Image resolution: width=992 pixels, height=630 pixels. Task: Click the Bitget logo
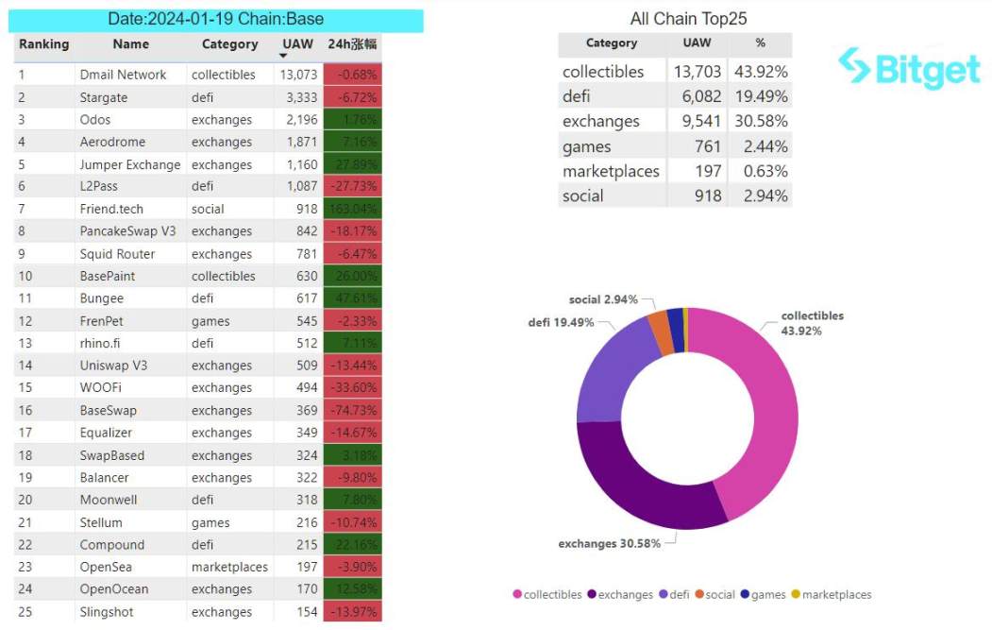pos(909,67)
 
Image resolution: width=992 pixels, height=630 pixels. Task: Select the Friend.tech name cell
pos(111,209)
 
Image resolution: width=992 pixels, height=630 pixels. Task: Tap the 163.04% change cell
pos(352,209)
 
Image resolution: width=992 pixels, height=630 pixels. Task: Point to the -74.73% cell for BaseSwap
pos(352,411)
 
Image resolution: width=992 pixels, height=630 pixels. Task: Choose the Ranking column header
pos(43,44)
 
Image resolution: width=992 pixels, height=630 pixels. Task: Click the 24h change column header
pos(352,44)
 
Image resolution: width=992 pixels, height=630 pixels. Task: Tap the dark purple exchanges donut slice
pos(642,482)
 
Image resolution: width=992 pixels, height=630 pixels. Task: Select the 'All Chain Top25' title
pos(688,19)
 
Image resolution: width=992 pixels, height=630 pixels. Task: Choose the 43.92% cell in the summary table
pos(760,72)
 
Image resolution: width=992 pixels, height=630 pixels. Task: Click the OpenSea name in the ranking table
pos(106,568)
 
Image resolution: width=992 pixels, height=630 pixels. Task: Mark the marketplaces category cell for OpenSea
pos(229,568)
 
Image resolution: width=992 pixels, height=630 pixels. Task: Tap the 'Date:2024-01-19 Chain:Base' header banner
pos(218,20)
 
